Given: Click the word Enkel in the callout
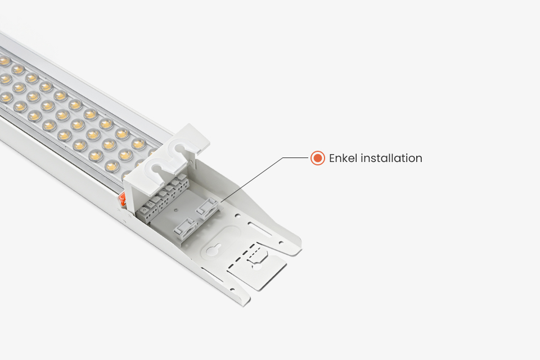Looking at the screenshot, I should [343, 158].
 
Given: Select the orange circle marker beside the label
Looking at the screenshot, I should [317, 158].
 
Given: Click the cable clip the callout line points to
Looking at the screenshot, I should [206, 209].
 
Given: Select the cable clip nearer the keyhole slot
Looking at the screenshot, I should [184, 229].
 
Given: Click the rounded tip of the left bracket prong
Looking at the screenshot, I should [242, 301].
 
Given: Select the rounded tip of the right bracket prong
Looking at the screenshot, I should [295, 245].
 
